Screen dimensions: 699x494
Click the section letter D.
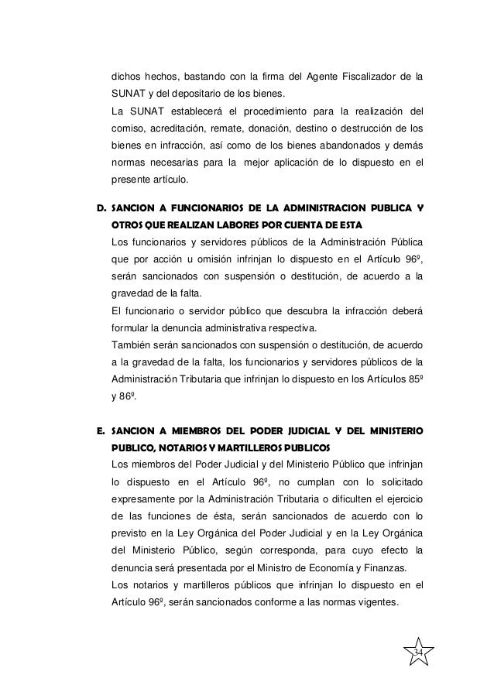click(x=99, y=208)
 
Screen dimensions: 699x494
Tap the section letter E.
click(x=99, y=430)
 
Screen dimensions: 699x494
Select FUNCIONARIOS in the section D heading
click(x=194, y=208)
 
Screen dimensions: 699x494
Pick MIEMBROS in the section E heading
click(x=194, y=430)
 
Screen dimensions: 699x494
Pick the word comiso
click(x=129, y=128)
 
